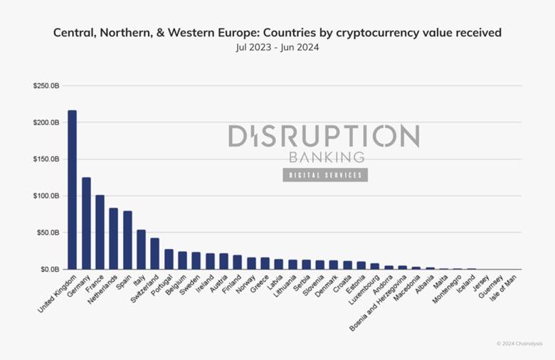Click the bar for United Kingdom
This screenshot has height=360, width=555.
pyautogui.click(x=72, y=190)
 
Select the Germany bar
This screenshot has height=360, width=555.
pyautogui.click(x=86, y=223)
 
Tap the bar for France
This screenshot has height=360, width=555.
pyautogui.click(x=100, y=232)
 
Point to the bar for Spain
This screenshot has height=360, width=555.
pyautogui.click(x=127, y=240)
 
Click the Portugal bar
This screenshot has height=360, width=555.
pyautogui.click(x=169, y=259)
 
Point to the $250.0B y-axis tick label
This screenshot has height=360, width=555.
pyautogui.click(x=46, y=86)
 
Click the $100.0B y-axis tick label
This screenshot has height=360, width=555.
pyautogui.click(x=46, y=196)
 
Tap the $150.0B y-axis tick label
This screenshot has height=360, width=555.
pyautogui.click(x=46, y=159)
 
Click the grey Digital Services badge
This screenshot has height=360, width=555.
pyautogui.click(x=325, y=175)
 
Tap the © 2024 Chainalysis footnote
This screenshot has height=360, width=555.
pyautogui.click(x=519, y=344)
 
